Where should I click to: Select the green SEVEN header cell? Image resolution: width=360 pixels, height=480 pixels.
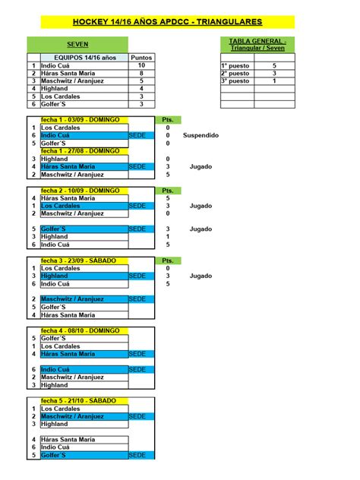point(77,45)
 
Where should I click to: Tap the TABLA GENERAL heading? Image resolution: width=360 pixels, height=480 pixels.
point(257,44)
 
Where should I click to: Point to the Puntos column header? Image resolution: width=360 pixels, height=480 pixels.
point(141,57)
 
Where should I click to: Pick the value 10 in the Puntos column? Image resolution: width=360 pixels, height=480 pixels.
point(141,65)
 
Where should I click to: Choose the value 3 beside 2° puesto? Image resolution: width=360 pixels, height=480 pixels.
point(274,74)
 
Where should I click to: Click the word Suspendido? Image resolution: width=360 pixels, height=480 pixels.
point(201,135)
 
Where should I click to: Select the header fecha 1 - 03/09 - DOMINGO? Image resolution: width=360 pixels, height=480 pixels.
point(80,120)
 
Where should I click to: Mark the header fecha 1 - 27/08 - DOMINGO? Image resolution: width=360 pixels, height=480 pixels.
point(80,151)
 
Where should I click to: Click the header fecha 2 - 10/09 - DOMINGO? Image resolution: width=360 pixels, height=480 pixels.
point(80,190)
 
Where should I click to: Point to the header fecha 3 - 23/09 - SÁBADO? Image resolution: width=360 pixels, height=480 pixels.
point(78,261)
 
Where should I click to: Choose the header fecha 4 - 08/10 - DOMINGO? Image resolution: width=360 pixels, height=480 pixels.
point(80,330)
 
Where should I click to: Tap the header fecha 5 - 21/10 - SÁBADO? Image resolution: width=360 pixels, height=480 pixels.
point(78,400)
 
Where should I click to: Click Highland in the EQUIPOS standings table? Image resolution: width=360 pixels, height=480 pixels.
point(55,89)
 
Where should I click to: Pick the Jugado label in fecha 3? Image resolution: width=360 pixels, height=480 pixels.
point(201,276)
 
